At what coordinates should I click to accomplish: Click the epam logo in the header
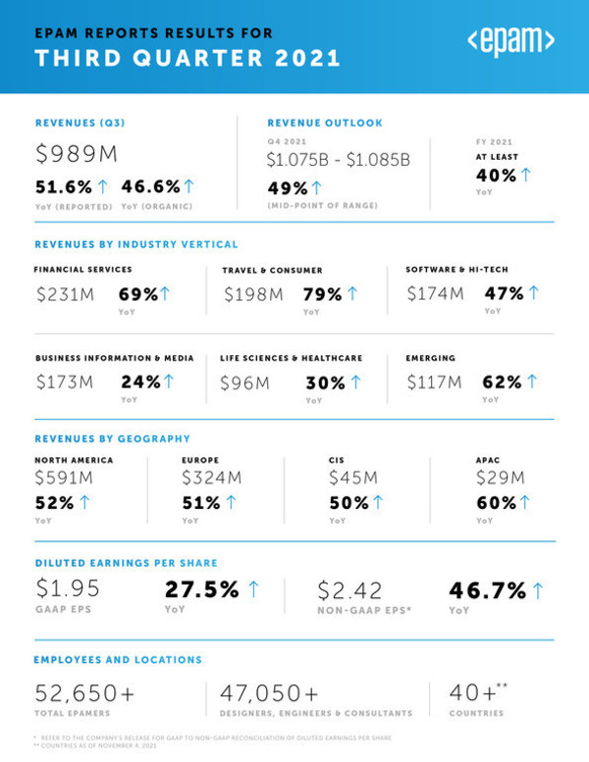tap(510, 43)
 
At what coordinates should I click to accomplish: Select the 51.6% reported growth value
tap(64, 186)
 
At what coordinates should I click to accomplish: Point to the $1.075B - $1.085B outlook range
tap(339, 158)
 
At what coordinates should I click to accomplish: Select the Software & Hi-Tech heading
tap(456, 269)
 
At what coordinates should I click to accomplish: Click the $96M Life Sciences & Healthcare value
tap(244, 382)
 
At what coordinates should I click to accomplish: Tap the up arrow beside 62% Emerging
tap(532, 381)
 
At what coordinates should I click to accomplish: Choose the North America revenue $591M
tap(64, 478)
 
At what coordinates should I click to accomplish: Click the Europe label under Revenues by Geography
tap(199, 459)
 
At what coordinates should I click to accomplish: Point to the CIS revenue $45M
tap(353, 478)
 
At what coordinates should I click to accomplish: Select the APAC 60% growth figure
tap(496, 502)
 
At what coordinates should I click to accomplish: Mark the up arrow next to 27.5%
tap(253, 588)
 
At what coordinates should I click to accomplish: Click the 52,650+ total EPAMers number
tap(84, 692)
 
